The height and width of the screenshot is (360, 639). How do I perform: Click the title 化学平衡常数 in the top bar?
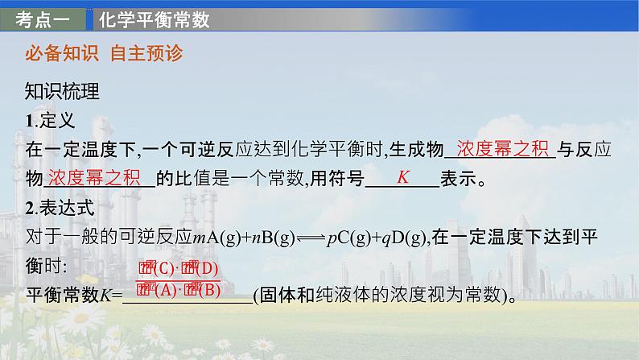151,19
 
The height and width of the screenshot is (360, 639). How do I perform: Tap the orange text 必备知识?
61,55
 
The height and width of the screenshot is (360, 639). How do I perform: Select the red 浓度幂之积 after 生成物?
501,149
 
